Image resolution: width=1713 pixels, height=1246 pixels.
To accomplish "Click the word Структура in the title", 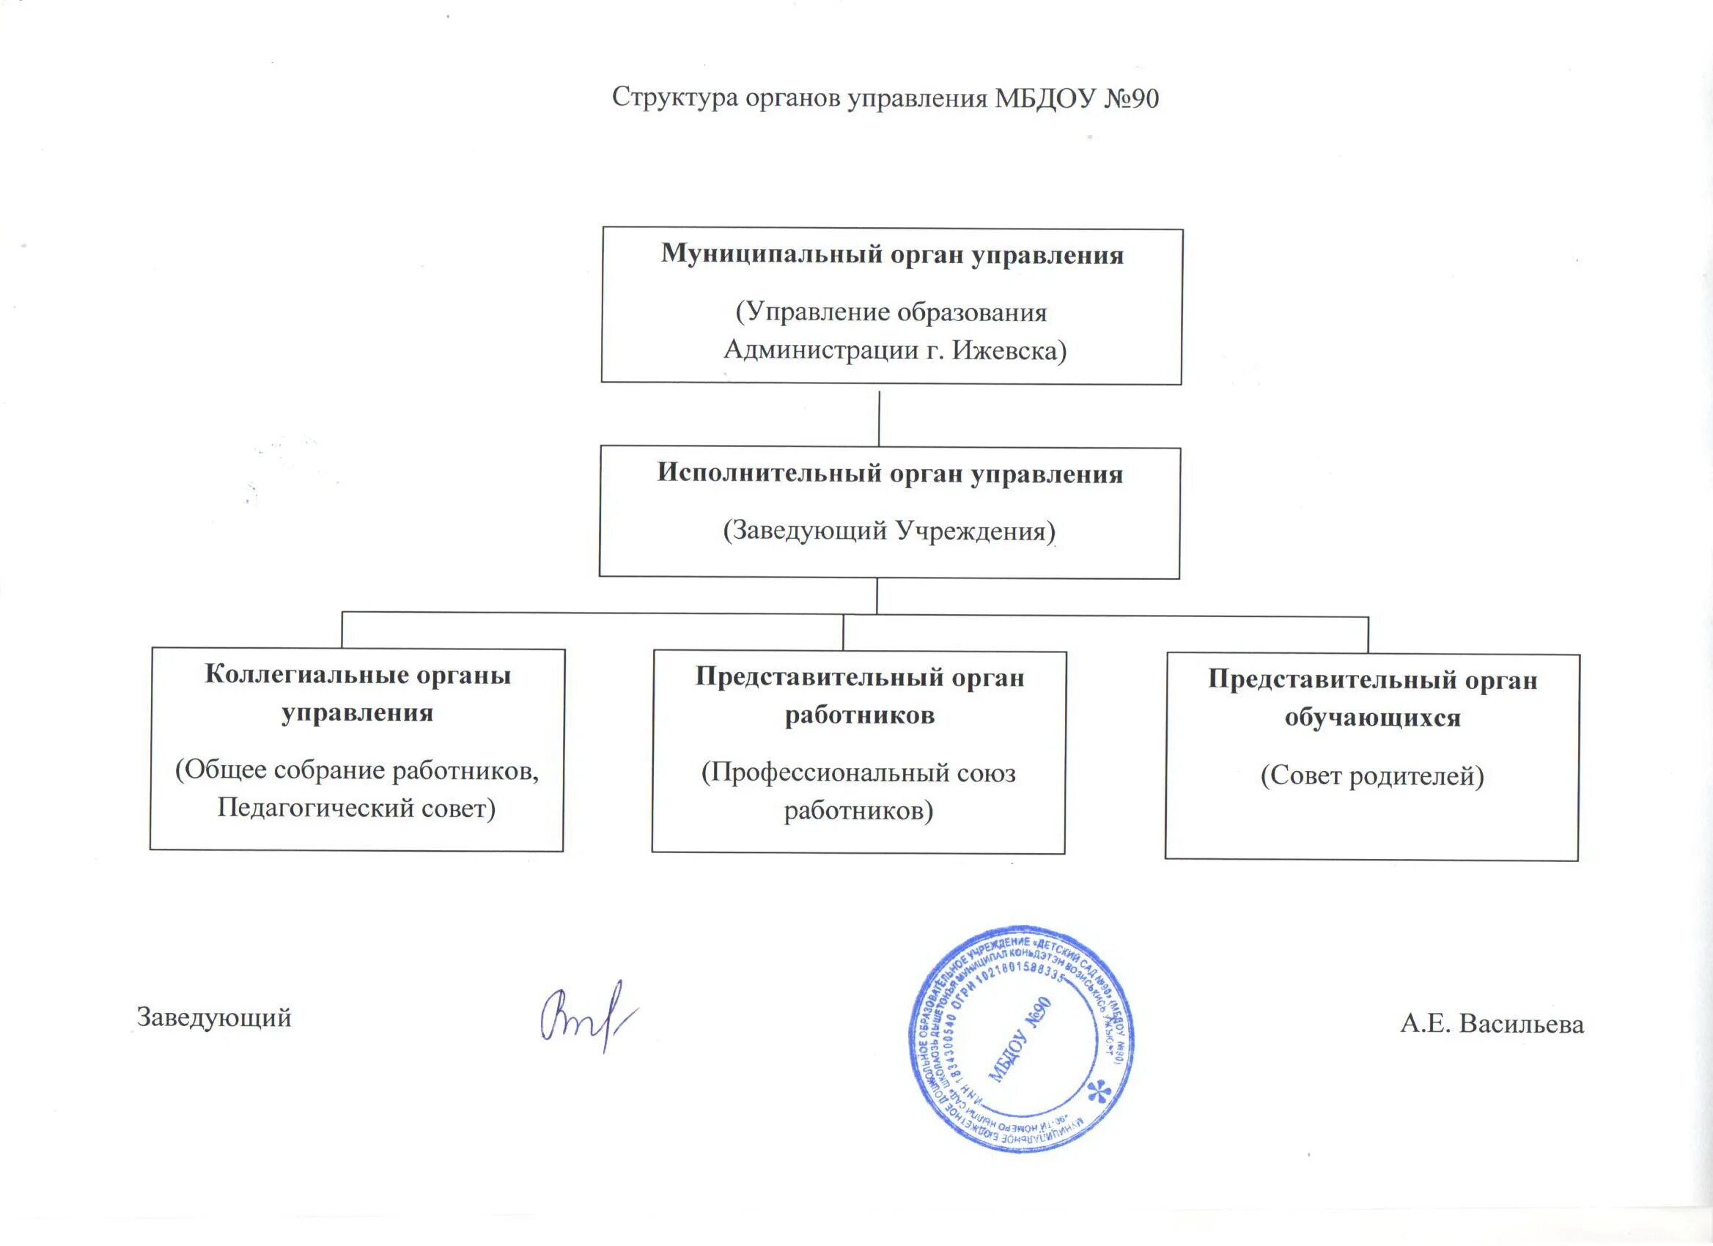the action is (674, 98).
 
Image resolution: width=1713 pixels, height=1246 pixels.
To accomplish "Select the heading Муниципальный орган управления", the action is (892, 254).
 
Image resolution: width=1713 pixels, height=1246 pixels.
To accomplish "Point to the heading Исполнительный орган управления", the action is (890, 473).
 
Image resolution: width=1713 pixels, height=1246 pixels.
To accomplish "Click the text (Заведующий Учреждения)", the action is (889, 531).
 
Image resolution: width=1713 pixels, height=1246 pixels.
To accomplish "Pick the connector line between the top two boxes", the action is (879, 418).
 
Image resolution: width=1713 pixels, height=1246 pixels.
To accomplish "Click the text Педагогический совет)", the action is (356, 808).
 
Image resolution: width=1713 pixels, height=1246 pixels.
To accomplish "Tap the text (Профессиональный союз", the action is (859, 773).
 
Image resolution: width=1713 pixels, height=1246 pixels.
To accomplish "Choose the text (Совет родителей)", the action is (1371, 775).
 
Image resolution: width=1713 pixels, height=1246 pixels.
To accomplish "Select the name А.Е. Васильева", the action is (1492, 1024).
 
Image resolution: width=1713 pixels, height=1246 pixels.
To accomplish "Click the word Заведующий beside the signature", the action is (214, 1017).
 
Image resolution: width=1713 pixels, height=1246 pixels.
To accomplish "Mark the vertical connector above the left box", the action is (342, 630).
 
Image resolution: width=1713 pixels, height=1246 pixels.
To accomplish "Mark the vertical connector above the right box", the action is (1368, 635).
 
